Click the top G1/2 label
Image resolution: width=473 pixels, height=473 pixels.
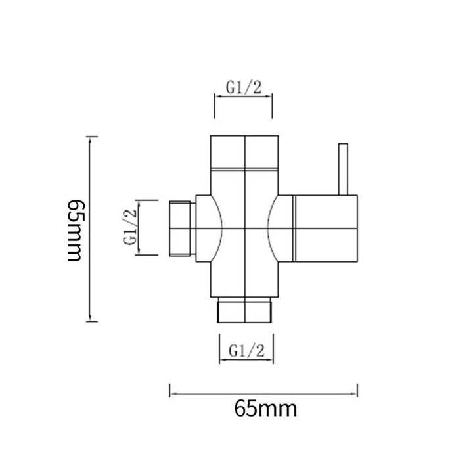pyautogui.click(x=244, y=88)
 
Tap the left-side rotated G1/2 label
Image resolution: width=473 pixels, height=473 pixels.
pyautogui.click(x=130, y=227)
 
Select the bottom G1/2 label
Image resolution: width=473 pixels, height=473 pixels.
pyautogui.click(x=246, y=351)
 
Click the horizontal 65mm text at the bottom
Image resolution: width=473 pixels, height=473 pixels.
pyautogui.click(x=266, y=409)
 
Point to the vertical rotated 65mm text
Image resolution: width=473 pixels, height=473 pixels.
pyautogui.click(x=74, y=231)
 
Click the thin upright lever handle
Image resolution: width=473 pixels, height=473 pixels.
pyautogui.click(x=343, y=169)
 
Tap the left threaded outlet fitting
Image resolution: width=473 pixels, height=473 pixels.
pyautogui.click(x=180, y=229)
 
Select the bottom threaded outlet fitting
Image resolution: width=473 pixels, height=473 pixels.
pyautogui.click(x=244, y=310)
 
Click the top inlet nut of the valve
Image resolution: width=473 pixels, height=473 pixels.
pyautogui.click(x=244, y=152)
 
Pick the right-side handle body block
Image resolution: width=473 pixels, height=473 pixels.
pyautogui.click(x=325, y=229)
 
